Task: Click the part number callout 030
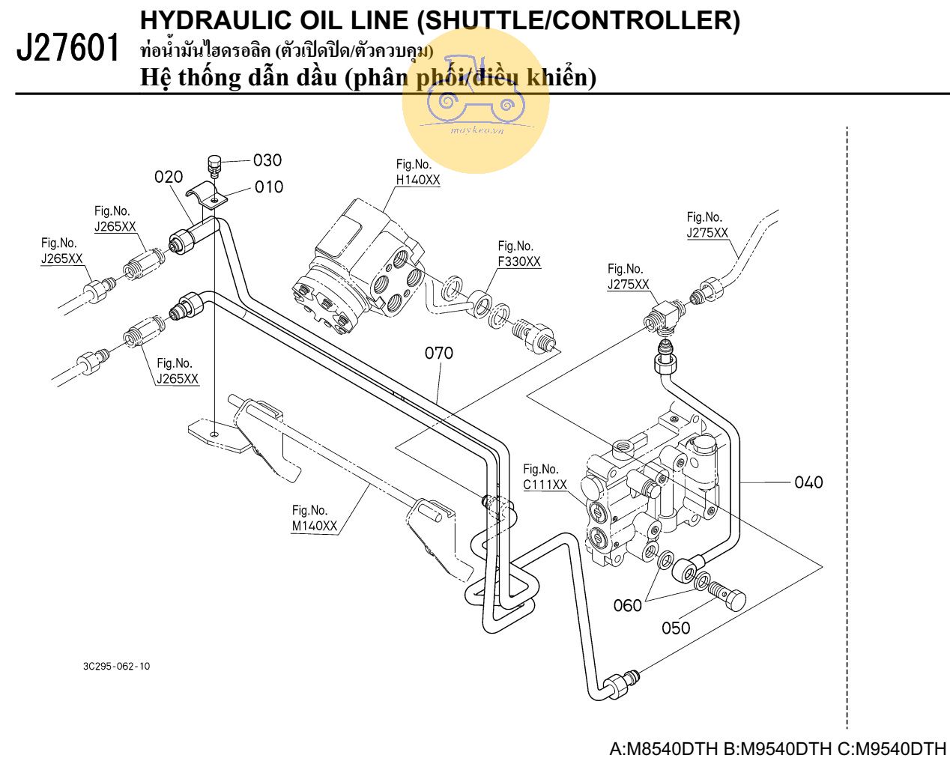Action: click(267, 160)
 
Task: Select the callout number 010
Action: click(269, 187)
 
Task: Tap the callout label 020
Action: click(169, 178)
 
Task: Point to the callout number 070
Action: click(439, 352)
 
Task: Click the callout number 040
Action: click(808, 482)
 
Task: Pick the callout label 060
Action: click(628, 605)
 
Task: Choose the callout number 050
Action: click(676, 628)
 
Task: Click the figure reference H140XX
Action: click(418, 181)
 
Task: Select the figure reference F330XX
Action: click(519, 262)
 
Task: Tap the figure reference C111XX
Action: click(545, 485)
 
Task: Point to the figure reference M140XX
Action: click(315, 526)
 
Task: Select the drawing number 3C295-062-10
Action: click(116, 666)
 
